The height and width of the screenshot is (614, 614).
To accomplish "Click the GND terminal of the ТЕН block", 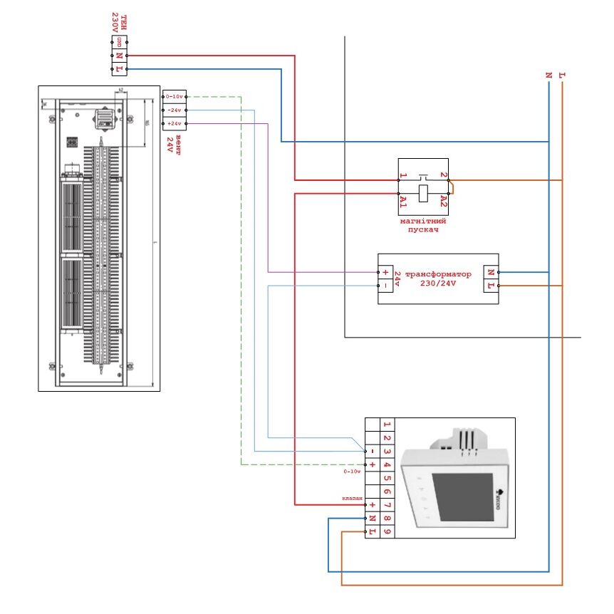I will click(119, 43).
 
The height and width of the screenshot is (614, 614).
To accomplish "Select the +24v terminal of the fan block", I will click(175, 124).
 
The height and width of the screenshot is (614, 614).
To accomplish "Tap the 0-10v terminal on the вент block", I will click(175, 96).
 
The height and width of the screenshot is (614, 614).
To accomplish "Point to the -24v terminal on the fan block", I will click(175, 110).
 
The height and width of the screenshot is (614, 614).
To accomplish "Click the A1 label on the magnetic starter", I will click(403, 202).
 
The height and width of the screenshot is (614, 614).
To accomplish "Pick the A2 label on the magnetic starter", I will click(443, 202).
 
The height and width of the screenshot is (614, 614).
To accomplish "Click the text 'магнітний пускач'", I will click(423, 226).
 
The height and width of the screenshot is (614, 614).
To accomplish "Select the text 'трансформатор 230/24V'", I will click(437, 279).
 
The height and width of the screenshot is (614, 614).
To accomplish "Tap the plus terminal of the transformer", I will click(385, 272).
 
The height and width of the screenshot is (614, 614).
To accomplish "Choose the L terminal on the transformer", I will click(490, 286).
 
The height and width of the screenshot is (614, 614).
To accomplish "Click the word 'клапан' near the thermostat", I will click(353, 498).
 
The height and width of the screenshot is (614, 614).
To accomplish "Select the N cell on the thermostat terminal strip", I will click(372, 519).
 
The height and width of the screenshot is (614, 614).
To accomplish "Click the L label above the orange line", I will click(563, 74).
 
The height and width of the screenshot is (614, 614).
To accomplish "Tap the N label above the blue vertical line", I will click(548, 74).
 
